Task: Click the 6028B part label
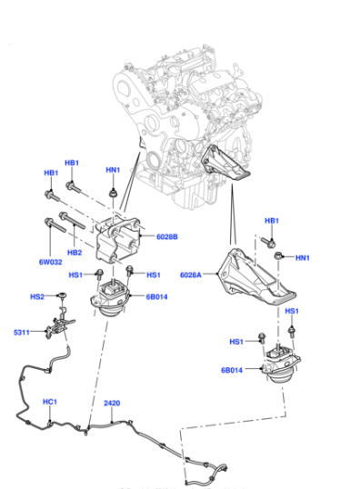[167, 236]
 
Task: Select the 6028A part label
[191, 274]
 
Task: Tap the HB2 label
[75, 253]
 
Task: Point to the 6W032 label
[51, 262]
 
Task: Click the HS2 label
[37, 296]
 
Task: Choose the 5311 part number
[22, 333]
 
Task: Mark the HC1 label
[50, 402]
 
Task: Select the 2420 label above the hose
[112, 404]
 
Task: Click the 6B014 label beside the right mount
[232, 370]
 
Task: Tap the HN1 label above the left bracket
[113, 170]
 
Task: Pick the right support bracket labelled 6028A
[255, 277]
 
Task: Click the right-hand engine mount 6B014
[280, 364]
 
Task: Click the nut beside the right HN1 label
[278, 256]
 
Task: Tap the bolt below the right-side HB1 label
[267, 242]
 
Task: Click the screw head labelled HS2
[62, 294]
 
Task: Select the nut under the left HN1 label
[113, 194]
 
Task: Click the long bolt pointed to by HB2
[72, 220]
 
